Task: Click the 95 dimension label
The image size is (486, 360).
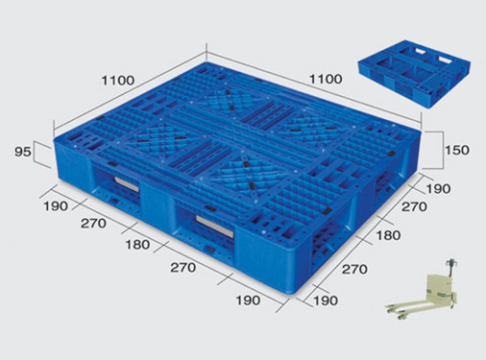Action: pyautogui.click(x=23, y=152)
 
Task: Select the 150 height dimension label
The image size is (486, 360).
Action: pyautogui.click(x=457, y=150)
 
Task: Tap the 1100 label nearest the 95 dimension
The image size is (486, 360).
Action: pyautogui.click(x=118, y=81)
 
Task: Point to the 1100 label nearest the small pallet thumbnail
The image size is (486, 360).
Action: pyautogui.click(x=326, y=79)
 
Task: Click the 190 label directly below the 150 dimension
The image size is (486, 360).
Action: pyautogui.click(x=438, y=189)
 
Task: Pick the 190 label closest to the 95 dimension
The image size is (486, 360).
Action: pyautogui.click(x=56, y=206)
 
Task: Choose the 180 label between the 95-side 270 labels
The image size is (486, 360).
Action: pyautogui.click(x=137, y=245)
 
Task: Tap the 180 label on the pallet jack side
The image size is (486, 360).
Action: pyautogui.click(x=388, y=235)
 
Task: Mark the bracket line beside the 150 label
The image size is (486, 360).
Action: pyautogui.click(x=443, y=150)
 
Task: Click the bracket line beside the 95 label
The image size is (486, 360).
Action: pyautogui.click(x=35, y=153)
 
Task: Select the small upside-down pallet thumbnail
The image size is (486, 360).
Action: pyautogui.click(x=414, y=73)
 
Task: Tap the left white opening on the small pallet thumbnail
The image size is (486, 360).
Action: pyautogui.click(x=424, y=51)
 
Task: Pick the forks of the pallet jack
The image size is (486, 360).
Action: pyautogui.click(x=406, y=310)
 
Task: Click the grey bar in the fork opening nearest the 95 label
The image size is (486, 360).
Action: pyautogui.click(x=127, y=184)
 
